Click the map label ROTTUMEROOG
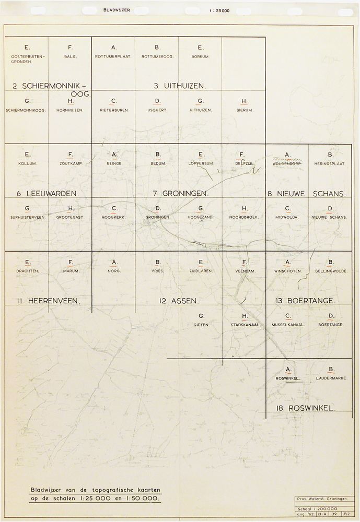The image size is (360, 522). [157, 56]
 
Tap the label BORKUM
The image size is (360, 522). [201, 56]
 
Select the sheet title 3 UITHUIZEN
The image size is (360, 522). [180, 86]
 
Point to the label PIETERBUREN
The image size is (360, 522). [114, 110]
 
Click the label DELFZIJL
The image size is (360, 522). [244, 163]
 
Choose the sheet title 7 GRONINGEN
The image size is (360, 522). [181, 193]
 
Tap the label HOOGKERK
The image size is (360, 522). [114, 217]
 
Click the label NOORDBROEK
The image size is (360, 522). [244, 217]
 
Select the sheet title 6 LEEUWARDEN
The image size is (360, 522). [48, 193]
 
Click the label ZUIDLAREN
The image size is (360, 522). [201, 271]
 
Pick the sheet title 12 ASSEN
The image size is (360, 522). [179, 301]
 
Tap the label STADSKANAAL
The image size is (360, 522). [244, 325]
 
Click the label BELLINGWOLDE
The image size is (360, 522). [331, 271]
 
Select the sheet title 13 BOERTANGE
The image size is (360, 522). [306, 301]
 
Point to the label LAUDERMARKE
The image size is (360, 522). [331, 378]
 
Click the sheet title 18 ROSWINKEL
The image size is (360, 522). [304, 408]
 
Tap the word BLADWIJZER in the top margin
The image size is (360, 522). [117, 10]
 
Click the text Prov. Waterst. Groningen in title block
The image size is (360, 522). [321, 499]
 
